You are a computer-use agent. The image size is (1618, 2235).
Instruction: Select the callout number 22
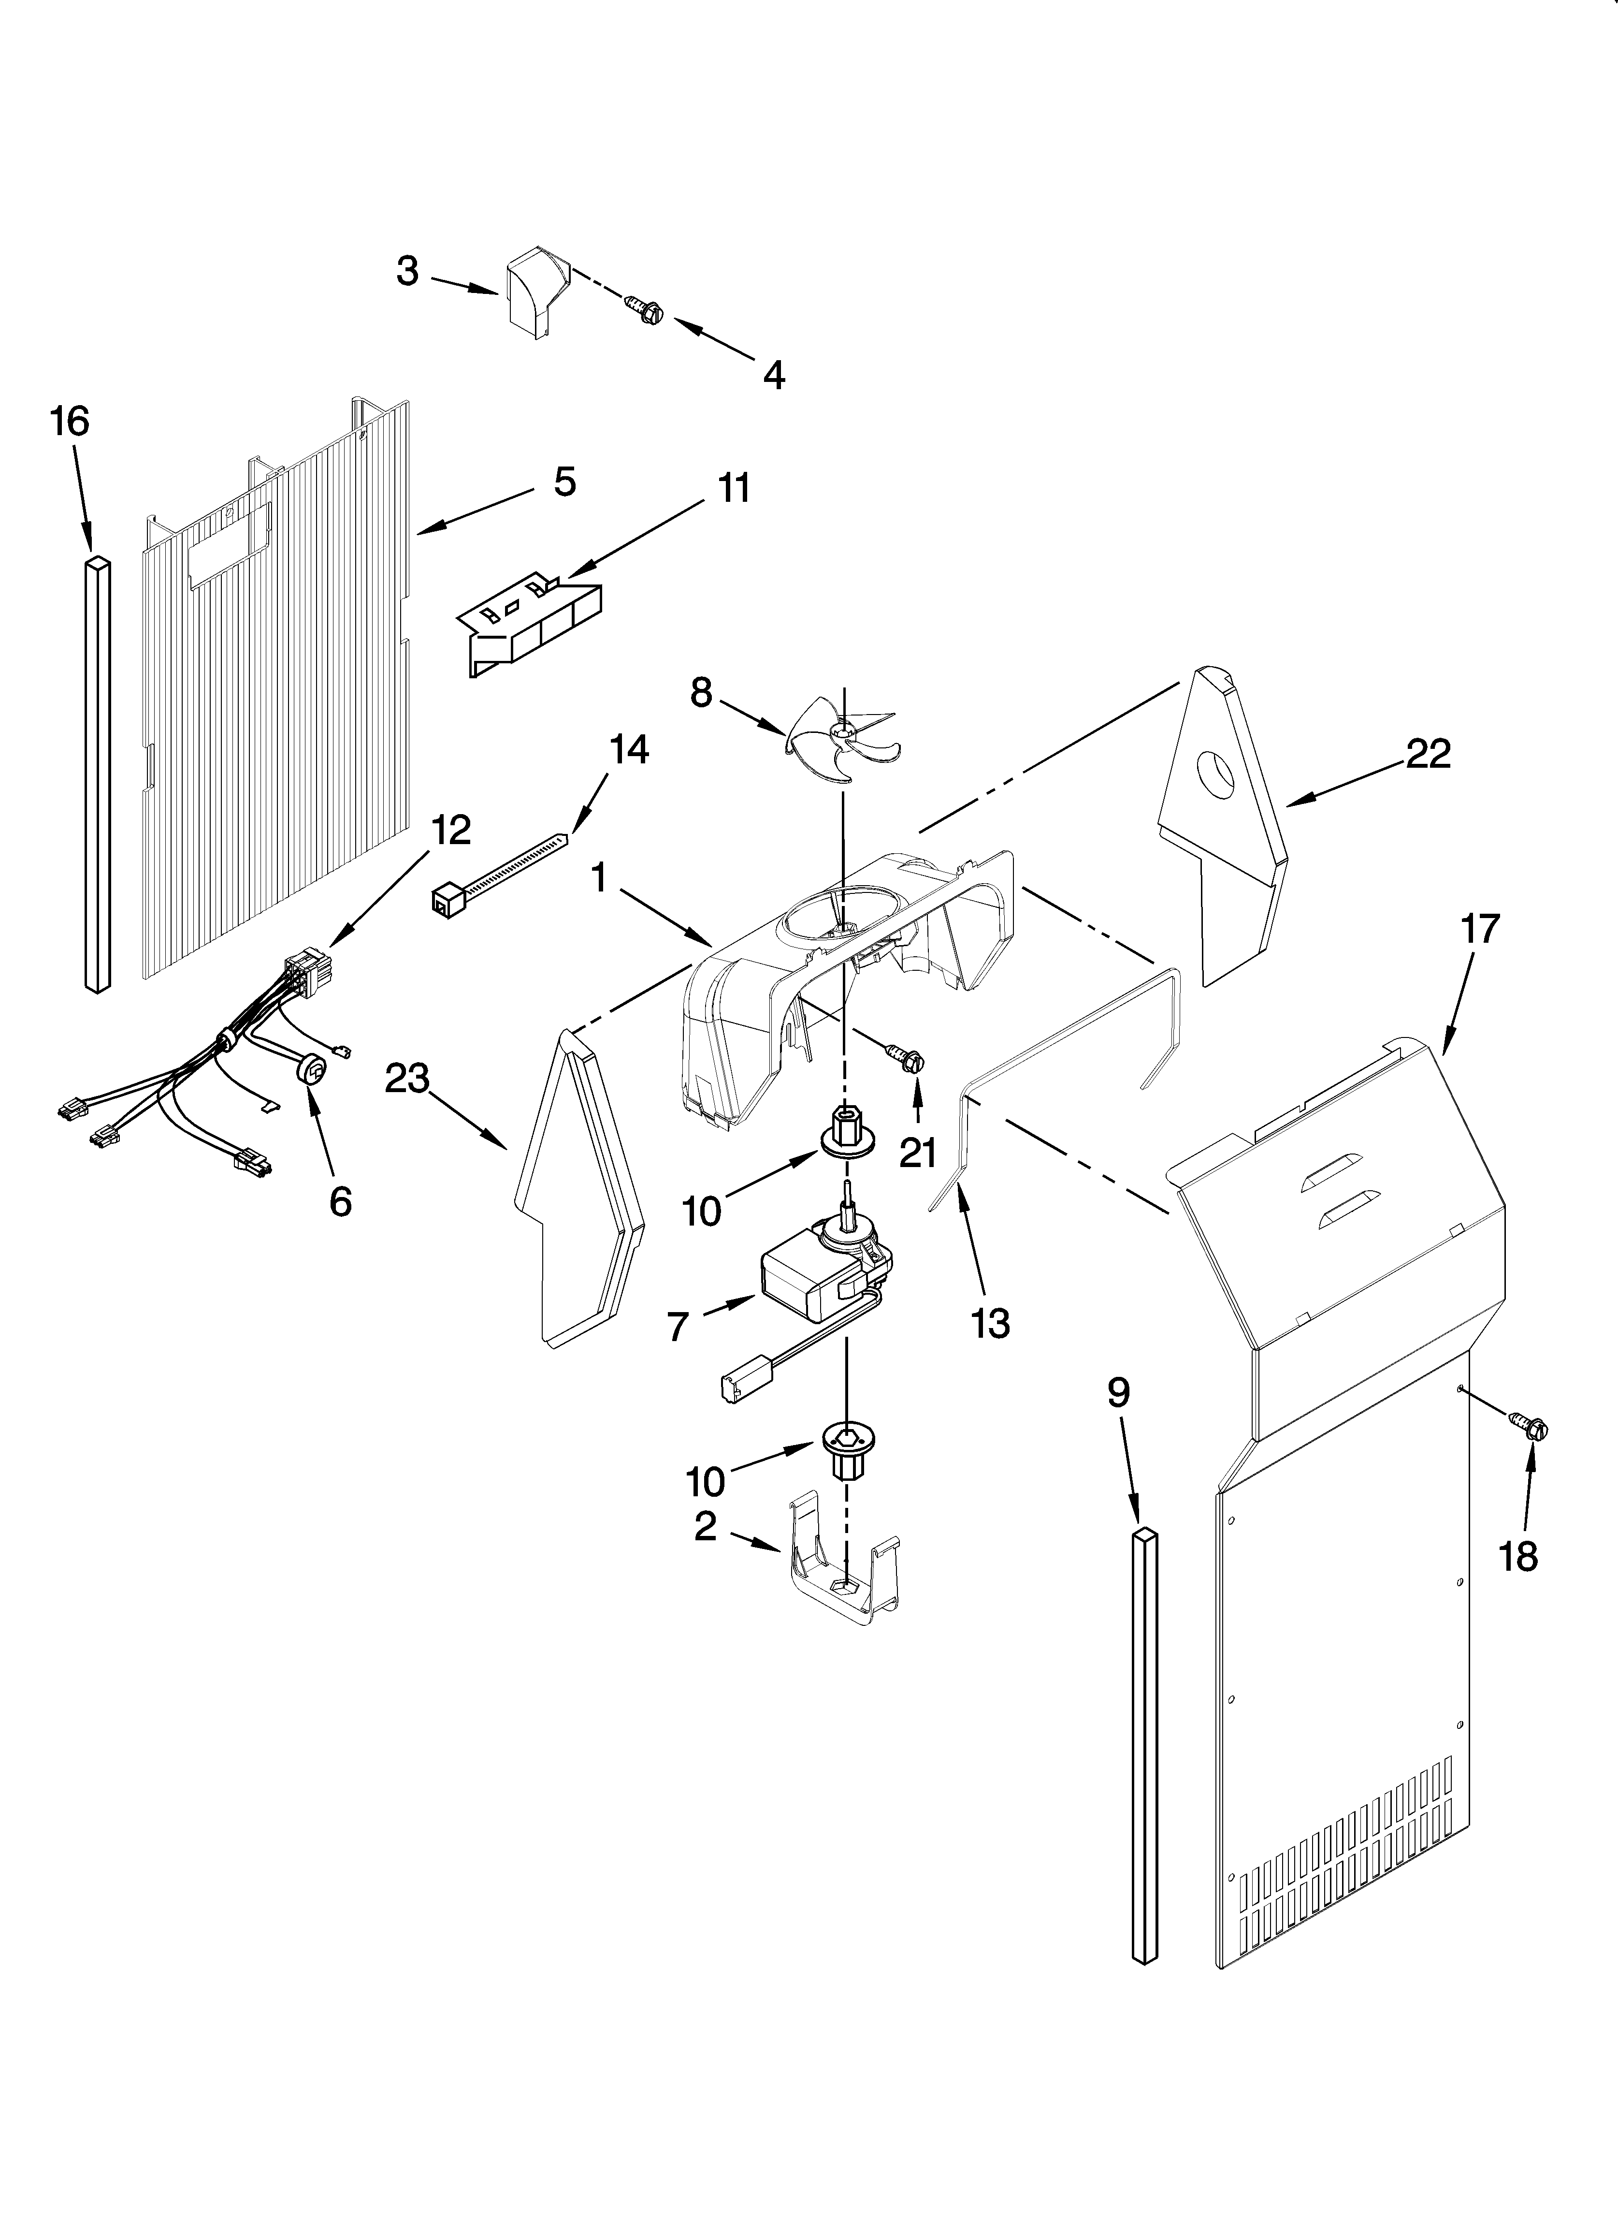(1428, 754)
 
